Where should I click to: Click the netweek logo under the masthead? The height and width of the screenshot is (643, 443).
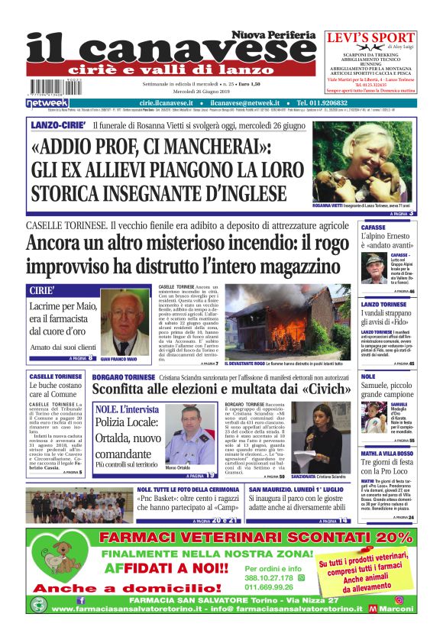48,102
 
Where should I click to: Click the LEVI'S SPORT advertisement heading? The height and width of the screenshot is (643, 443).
371,37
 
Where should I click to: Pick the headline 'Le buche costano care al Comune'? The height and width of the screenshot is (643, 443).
55,391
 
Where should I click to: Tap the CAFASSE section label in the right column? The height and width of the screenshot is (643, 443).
373,227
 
